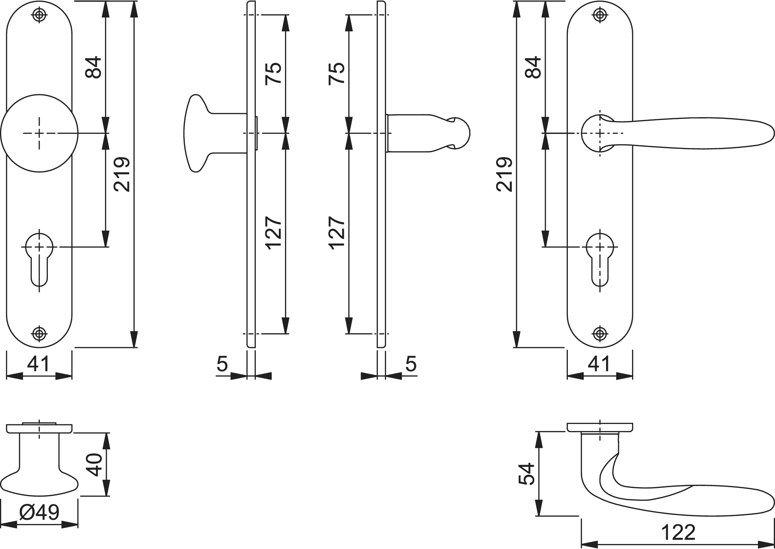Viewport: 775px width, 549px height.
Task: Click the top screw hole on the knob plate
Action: pyautogui.click(x=39, y=15)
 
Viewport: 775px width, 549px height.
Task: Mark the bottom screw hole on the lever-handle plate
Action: pyautogui.click(x=600, y=334)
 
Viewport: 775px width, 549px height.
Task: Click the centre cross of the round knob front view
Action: pyautogui.click(x=39, y=133)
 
